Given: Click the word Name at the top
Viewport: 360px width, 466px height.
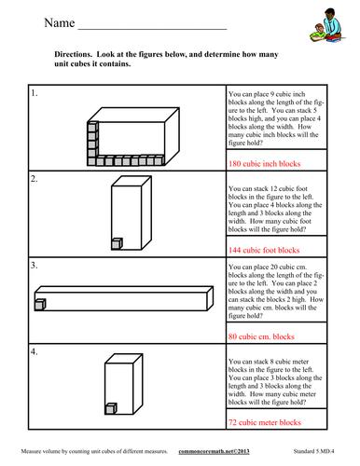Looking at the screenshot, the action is tap(60, 23).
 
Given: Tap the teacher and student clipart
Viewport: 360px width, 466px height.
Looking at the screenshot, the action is tap(327, 25).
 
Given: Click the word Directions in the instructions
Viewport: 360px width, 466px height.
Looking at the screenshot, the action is tap(73, 54).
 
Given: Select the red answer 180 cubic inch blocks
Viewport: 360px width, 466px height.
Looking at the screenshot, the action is tap(265, 164).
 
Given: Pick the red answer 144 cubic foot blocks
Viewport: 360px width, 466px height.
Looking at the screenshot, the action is tap(264, 250).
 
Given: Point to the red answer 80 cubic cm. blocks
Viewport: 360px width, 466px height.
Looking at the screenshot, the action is tap(261, 336).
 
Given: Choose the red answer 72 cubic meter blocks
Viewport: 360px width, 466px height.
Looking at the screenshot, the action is tap(265, 422).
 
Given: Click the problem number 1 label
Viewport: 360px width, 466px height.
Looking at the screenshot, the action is tap(35, 93).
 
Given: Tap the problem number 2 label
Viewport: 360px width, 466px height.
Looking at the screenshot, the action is tap(35, 179).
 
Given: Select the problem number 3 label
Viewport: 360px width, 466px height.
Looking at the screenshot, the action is tap(35, 266).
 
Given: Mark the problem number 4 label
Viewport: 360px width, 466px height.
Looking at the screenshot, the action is tap(35, 351).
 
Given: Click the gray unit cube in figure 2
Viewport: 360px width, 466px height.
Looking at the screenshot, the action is tap(117, 244).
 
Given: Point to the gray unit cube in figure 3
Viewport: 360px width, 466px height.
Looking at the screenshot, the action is tap(40, 305).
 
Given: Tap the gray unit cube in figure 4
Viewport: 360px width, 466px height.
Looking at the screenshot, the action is tap(111, 408).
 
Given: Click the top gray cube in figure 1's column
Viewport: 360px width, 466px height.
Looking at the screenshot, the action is tap(92, 127).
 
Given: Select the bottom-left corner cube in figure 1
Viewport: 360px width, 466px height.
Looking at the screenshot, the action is tap(92, 161).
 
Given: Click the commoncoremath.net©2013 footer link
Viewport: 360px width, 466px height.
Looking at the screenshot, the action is tap(214, 451).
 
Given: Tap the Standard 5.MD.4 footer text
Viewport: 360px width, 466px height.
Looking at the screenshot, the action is tap(313, 451).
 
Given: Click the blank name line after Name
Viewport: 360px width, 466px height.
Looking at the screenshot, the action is tap(152, 30).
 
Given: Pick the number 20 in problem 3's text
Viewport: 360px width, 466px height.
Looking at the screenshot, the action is tap(274, 267).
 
